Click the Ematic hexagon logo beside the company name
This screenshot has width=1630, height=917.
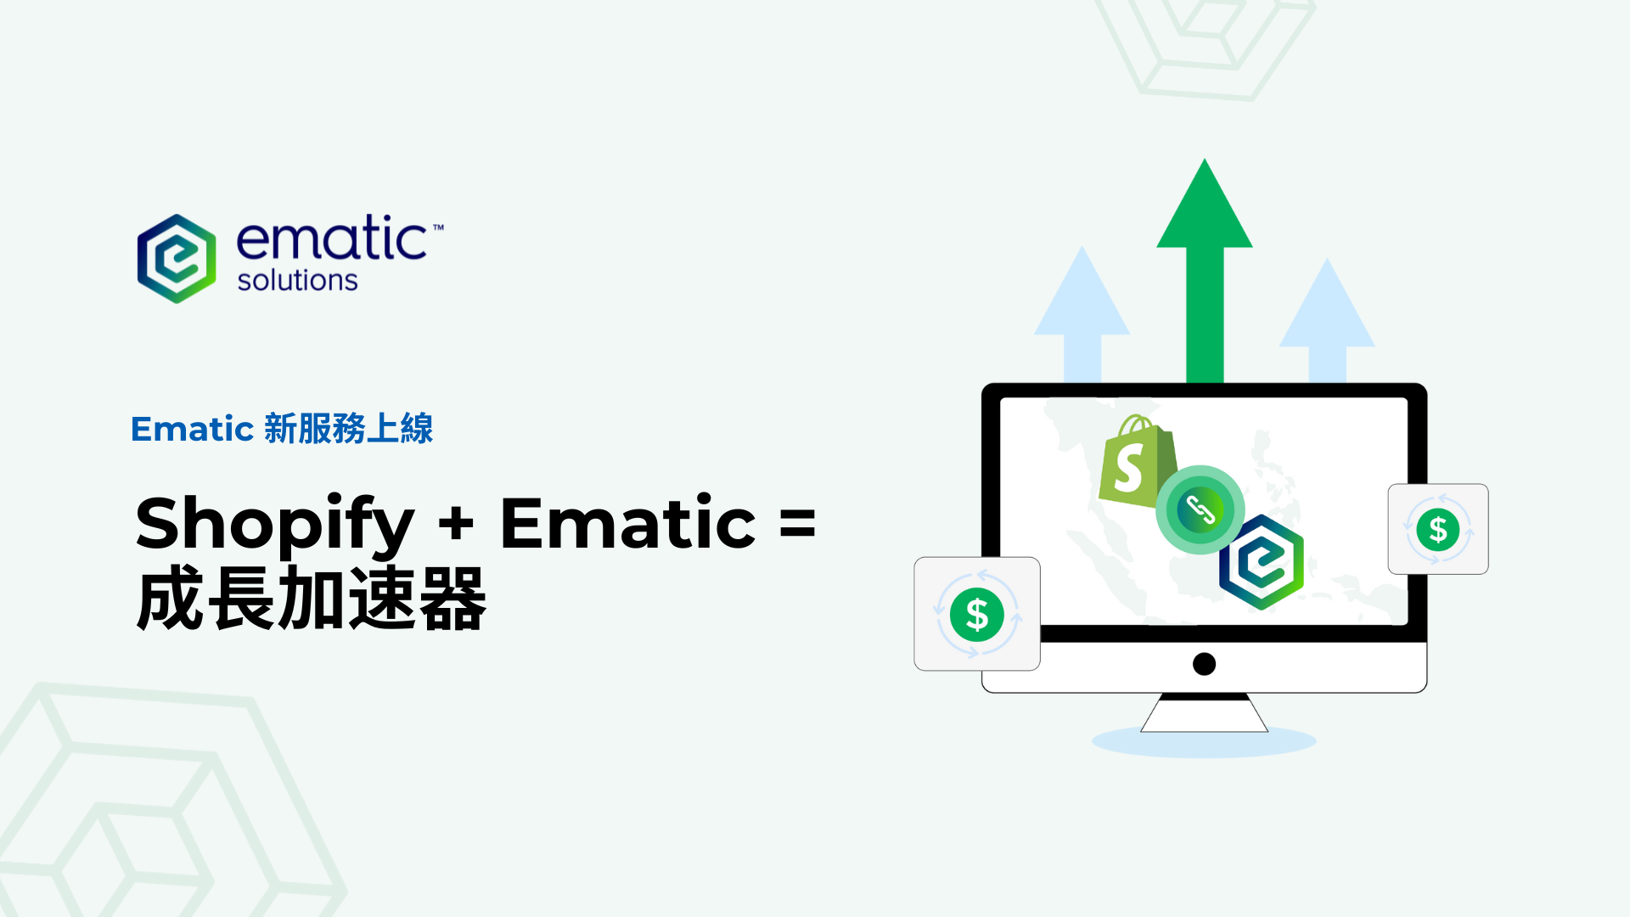(177, 258)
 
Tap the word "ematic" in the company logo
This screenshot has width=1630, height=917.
(332, 238)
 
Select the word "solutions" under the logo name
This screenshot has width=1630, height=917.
(297, 280)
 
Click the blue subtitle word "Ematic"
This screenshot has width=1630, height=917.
(193, 429)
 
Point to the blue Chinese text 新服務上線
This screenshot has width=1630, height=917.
(349, 428)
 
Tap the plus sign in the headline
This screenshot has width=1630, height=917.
(457, 523)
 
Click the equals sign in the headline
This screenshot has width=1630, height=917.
(797, 523)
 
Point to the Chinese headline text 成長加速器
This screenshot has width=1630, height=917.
(311, 599)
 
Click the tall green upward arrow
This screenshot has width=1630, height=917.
(1205, 270)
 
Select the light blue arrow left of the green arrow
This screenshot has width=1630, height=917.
(1082, 314)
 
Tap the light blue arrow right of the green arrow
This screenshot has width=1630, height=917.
(1327, 321)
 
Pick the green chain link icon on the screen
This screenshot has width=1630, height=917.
(1200, 509)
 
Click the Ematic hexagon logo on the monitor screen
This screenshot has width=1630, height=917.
(1262, 562)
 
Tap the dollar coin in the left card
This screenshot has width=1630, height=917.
(977, 614)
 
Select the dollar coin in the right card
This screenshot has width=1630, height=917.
(1438, 529)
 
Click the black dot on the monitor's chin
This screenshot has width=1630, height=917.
(1204, 664)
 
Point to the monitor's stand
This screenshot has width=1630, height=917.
(1204, 712)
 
